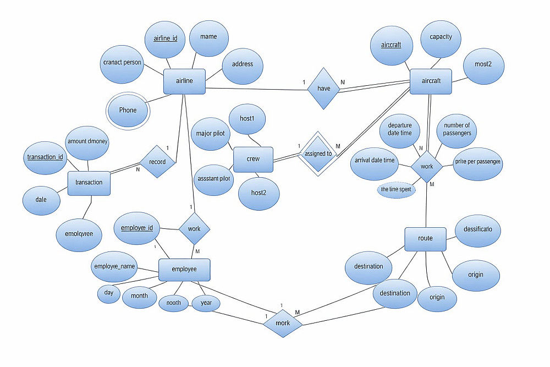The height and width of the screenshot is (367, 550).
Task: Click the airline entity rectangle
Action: (184, 81)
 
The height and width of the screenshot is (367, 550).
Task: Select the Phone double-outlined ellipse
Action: (128, 110)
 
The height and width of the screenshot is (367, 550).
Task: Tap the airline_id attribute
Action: (164, 39)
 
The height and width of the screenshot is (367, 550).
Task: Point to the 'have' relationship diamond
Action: (324, 88)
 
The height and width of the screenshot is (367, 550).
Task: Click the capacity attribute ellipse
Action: (441, 37)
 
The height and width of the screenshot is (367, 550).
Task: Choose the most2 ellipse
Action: (483, 65)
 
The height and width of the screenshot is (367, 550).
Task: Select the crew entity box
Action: (254, 159)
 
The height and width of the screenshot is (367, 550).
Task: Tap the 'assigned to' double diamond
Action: (318, 154)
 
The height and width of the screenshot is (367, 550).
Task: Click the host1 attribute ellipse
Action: (247, 119)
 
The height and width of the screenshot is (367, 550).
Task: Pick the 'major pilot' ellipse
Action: (210, 134)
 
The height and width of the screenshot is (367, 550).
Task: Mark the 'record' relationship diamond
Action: (157, 162)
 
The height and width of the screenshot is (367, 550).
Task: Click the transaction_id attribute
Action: (45, 157)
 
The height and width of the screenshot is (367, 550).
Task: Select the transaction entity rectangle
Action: (89, 183)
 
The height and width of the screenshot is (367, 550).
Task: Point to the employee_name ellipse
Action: (114, 267)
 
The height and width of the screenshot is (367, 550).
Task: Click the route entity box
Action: (425, 239)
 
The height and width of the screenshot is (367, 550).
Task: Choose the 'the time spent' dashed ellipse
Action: (397, 189)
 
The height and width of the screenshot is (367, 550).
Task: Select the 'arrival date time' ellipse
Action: (375, 161)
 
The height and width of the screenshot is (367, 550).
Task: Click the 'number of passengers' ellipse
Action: (457, 130)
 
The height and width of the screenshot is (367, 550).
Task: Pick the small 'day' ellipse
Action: (109, 293)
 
